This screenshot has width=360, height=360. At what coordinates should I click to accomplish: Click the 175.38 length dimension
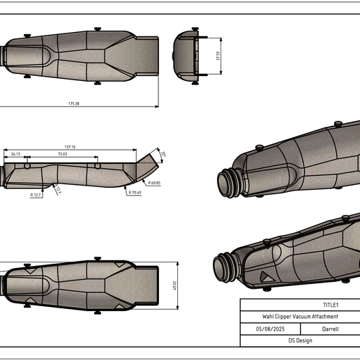coord(73,103)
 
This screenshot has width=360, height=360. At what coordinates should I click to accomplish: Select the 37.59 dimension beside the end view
coord(218,56)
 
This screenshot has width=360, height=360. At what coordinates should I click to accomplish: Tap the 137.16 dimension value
coord(68,147)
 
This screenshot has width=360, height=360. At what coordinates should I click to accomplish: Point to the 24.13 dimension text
coord(15,153)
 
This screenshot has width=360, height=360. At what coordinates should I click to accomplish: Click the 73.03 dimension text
coord(62,153)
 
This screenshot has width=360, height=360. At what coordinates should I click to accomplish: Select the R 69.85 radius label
coord(153,183)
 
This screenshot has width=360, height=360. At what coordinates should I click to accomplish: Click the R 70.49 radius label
coord(134,193)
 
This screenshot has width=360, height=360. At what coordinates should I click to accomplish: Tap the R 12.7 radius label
coord(36,195)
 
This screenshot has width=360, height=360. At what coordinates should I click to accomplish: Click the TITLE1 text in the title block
coord(331,305)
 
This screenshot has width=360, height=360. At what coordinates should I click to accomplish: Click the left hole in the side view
coord(27,167)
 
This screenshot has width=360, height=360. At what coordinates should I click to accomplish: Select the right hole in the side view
coord(98,167)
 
